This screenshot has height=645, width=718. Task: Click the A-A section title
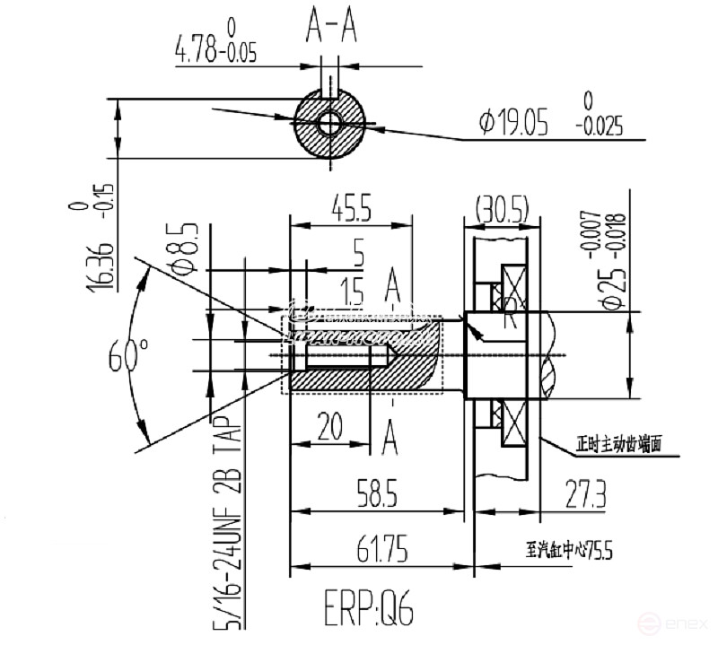pyautogui.click(x=331, y=29)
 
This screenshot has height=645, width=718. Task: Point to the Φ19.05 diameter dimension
pyautogui.click(x=513, y=123)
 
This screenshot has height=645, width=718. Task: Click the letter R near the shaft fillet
pyautogui.click(x=510, y=316)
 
